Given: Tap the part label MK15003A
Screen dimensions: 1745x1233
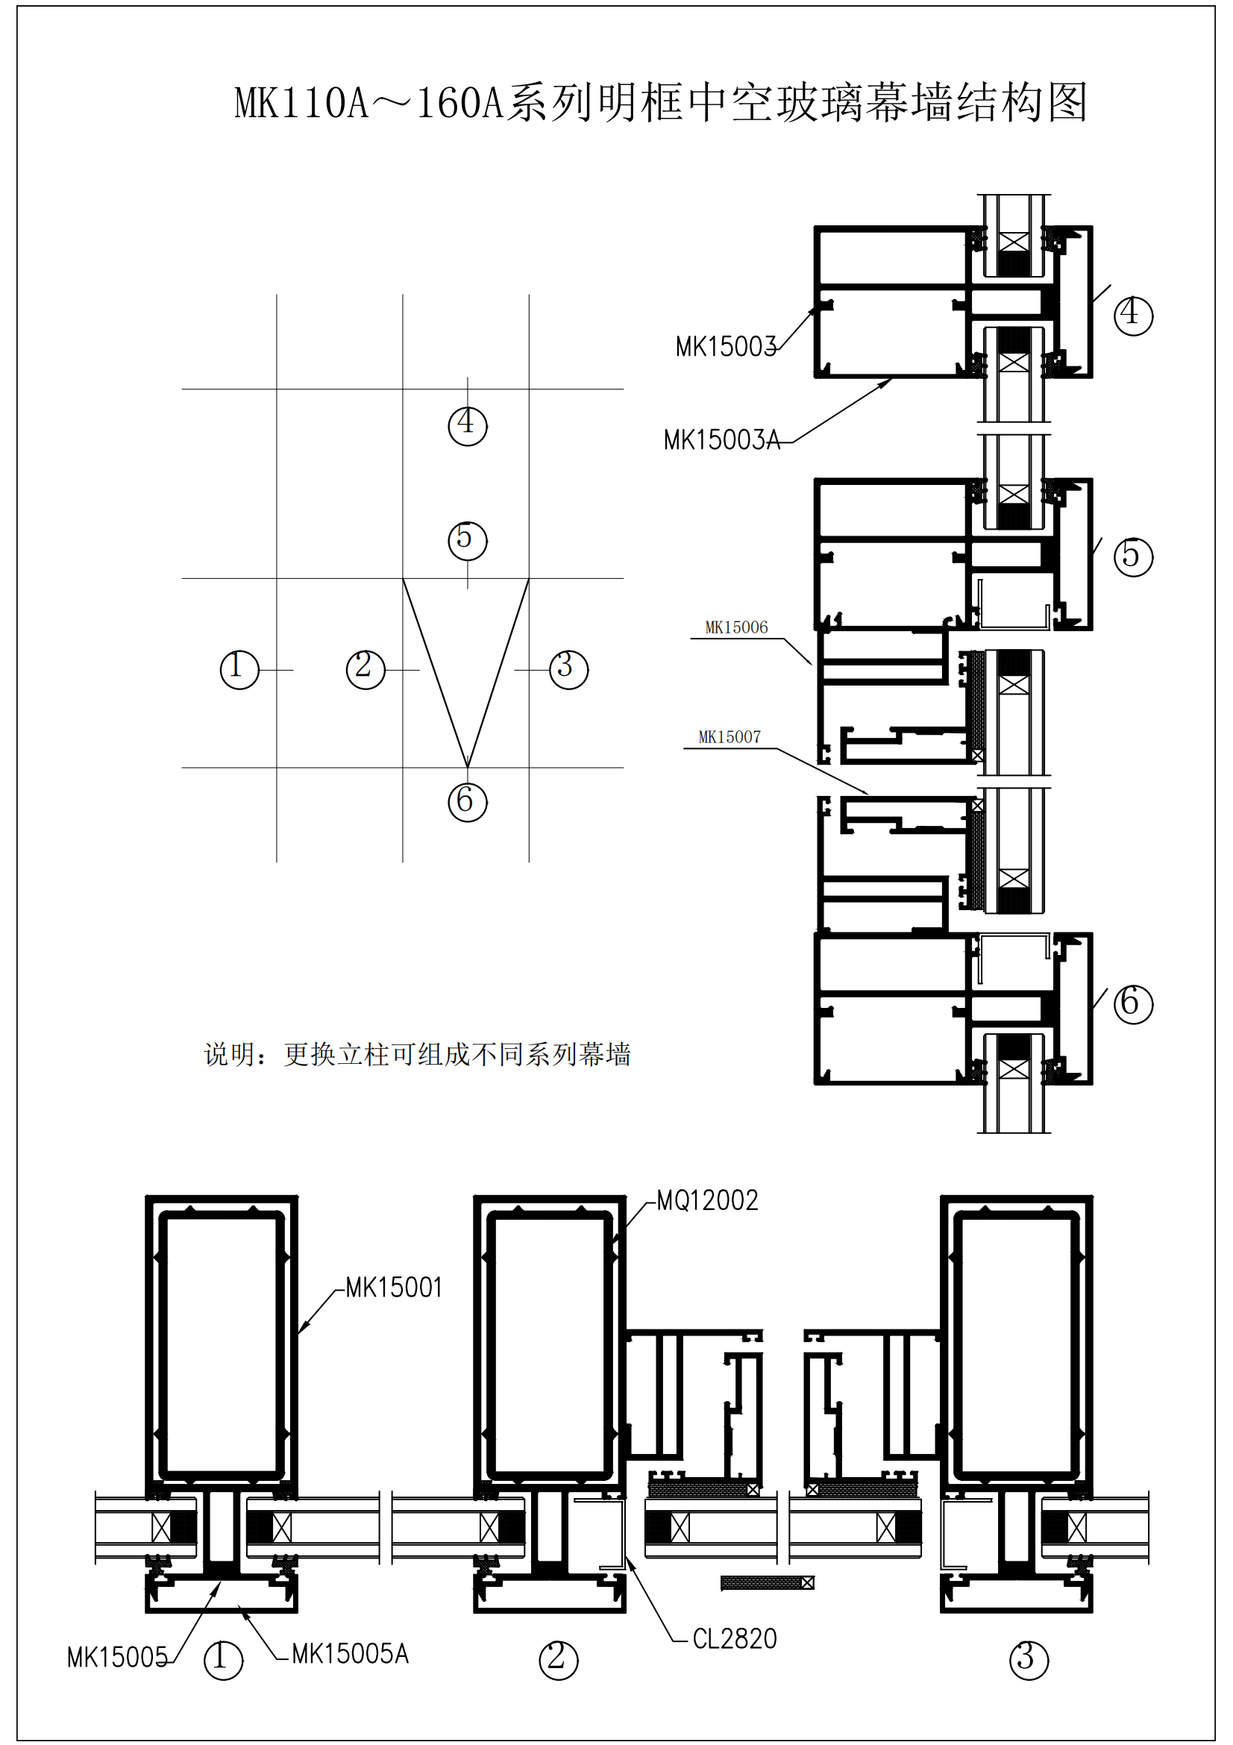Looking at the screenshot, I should pyautogui.click(x=722, y=440).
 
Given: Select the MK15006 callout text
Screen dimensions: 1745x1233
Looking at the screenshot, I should pyautogui.click(x=736, y=627).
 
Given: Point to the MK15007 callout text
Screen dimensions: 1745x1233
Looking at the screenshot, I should pyautogui.click(x=730, y=737).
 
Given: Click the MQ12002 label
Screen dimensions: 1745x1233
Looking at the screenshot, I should pyautogui.click(x=707, y=1201).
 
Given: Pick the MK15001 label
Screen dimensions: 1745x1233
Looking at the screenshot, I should pyautogui.click(x=394, y=1288).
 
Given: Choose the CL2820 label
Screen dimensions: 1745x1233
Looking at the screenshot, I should pyautogui.click(x=735, y=1638).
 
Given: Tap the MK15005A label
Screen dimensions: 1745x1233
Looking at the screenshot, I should pyautogui.click(x=351, y=1654).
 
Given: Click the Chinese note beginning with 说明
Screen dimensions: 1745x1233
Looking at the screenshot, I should pyautogui.click(x=417, y=1054).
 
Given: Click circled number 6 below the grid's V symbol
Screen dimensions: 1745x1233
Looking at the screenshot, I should pyautogui.click(x=467, y=802).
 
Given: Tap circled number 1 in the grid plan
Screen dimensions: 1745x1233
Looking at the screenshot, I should pyautogui.click(x=239, y=669).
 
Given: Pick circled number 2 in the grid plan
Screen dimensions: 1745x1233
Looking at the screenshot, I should pyautogui.click(x=365, y=669).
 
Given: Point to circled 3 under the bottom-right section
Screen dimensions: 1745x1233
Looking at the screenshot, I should pyautogui.click(x=1029, y=1660).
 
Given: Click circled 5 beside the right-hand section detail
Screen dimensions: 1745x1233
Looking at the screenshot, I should pyautogui.click(x=1133, y=557).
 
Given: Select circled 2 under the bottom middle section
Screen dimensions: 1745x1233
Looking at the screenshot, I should pyautogui.click(x=559, y=1660).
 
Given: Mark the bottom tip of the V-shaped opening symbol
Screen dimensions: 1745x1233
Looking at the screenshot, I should pyautogui.click(x=467, y=767).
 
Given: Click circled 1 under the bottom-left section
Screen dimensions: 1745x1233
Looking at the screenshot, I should pyautogui.click(x=223, y=1660).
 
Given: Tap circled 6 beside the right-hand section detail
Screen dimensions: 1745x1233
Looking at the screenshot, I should pyautogui.click(x=1133, y=1004).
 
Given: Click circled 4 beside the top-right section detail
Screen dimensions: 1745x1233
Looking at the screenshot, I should pyautogui.click(x=1133, y=316).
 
